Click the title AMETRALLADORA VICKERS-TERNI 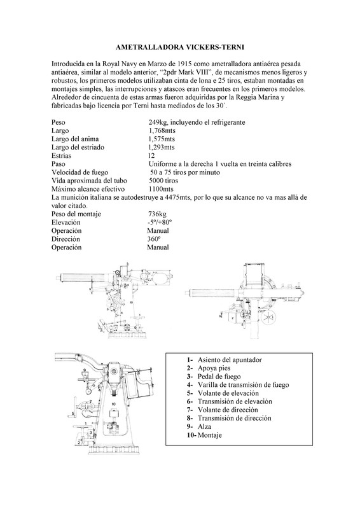pos(180,47)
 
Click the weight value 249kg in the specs pos(158,122)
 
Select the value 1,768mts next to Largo pos(162,130)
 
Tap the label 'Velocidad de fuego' pos(80,172)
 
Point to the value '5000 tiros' pos(163,181)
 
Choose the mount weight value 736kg pos(157,214)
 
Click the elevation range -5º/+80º pos(159,222)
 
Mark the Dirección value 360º pos(154,239)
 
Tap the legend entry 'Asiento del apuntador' pos(230,359)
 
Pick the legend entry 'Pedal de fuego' pos(219,377)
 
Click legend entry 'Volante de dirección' pos(228,410)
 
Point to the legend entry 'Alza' pos(205,426)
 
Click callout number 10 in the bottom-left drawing pos(113,404)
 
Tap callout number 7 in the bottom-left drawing pos(90,401)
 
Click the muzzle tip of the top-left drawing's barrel pos(56,277)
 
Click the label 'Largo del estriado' pos(78,148)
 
